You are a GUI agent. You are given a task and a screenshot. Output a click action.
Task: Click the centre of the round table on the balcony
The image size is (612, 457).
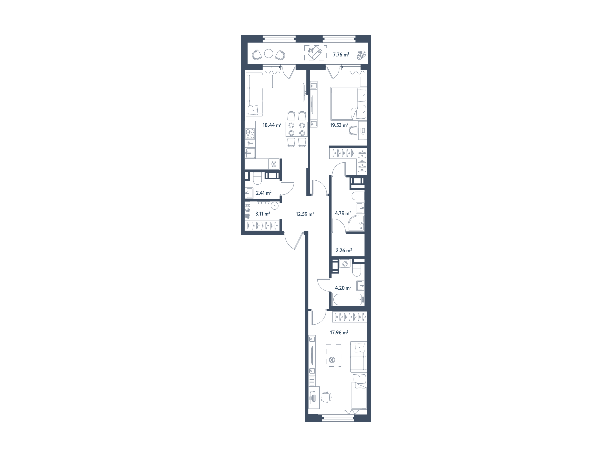(268, 54)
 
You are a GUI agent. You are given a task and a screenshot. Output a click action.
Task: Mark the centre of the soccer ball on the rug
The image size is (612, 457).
(332, 360)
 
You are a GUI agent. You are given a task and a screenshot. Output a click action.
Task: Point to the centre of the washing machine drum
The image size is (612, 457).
(344, 263)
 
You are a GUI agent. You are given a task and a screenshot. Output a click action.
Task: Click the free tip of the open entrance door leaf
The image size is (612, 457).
(295, 249)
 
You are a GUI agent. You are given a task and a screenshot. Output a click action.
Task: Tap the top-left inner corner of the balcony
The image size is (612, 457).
(248, 43)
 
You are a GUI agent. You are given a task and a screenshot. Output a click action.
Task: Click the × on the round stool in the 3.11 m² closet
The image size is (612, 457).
(275, 206)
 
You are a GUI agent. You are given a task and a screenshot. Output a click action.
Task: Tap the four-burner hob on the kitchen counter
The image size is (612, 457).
(57, 134)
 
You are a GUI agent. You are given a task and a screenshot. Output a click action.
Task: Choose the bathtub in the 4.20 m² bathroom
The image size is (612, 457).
(348, 299)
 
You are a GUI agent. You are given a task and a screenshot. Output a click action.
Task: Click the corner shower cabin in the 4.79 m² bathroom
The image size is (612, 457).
(356, 223)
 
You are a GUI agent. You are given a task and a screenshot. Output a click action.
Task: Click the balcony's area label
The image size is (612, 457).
(341, 55)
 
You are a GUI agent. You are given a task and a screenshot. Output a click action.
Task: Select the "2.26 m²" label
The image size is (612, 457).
(344, 250)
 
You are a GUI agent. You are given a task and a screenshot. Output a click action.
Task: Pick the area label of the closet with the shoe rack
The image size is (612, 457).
(262, 214)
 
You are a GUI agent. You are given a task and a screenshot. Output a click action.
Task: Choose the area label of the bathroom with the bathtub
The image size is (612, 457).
(343, 288)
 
